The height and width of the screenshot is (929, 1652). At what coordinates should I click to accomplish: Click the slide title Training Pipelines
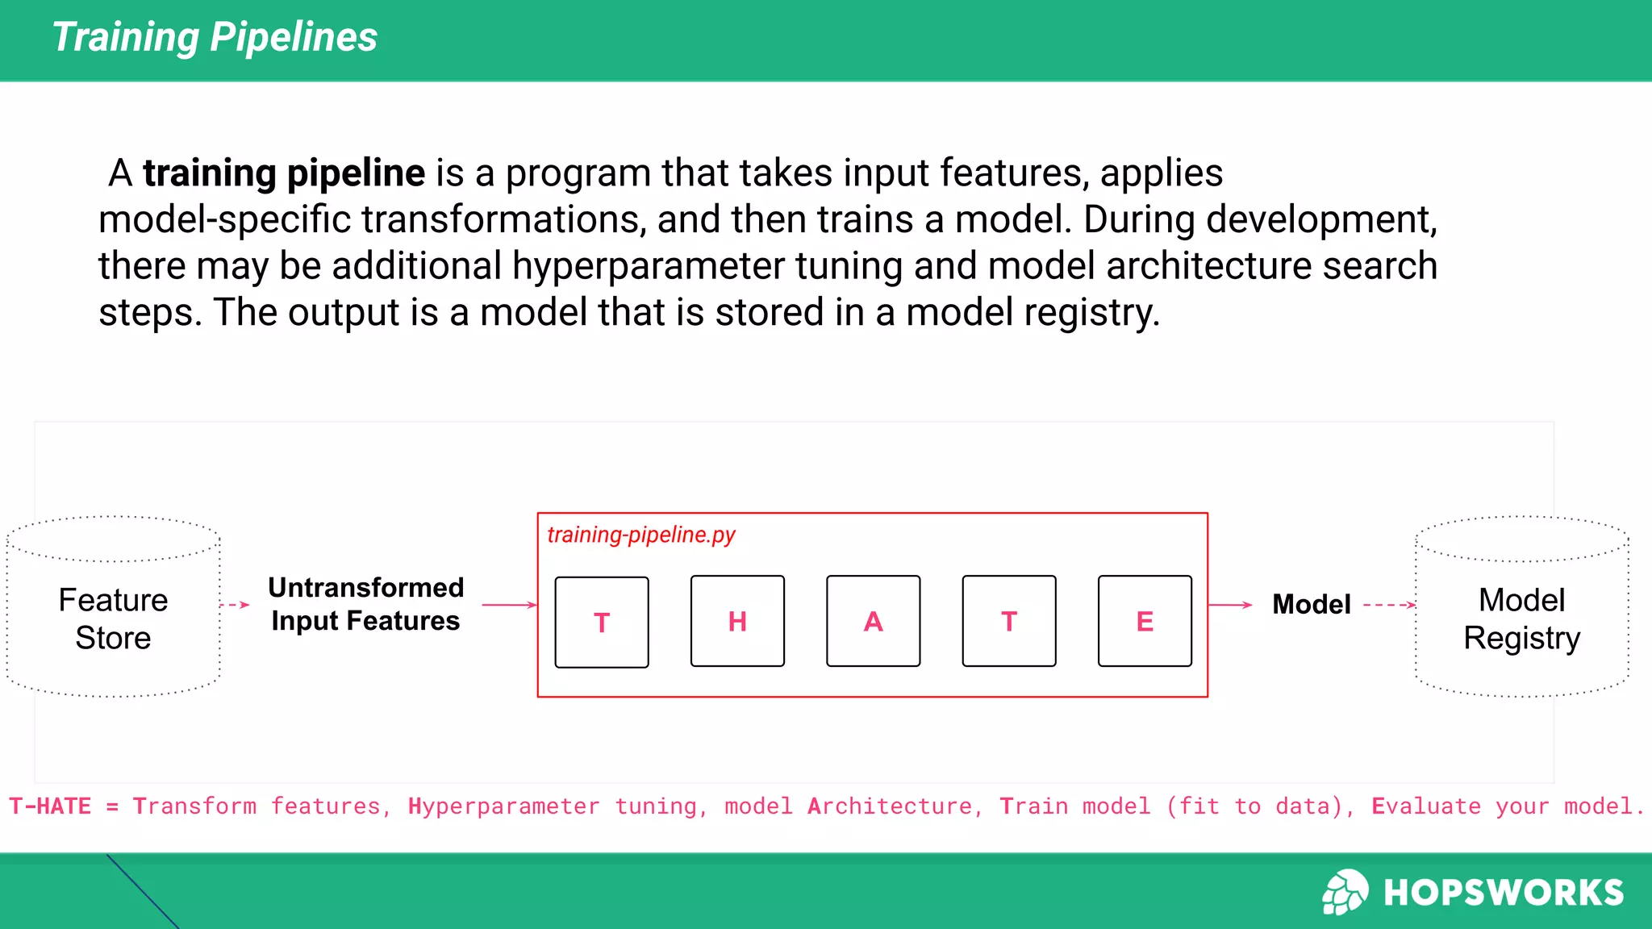coord(215,37)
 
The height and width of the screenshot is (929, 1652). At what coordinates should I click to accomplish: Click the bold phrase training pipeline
coord(284,173)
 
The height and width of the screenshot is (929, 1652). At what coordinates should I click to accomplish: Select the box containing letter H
coord(737,621)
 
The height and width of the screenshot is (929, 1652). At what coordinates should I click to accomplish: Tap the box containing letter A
coord(873,621)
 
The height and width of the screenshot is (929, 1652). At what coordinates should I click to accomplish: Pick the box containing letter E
coord(1145,621)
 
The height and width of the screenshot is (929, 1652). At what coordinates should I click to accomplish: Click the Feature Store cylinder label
coord(113,619)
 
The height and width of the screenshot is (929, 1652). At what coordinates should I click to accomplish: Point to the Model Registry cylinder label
coord(1521,619)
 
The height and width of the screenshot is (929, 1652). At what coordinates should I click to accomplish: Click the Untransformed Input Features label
coord(365,604)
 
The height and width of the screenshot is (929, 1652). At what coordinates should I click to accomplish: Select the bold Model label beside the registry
coord(1311,604)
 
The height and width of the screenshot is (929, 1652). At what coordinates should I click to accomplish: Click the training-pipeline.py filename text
coord(641,535)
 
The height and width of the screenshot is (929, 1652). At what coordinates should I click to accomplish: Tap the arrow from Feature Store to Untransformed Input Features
coord(235,605)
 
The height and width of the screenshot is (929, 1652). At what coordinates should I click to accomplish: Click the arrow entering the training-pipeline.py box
coord(509,605)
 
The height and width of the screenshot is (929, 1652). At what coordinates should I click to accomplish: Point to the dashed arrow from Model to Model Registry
coord(1389,605)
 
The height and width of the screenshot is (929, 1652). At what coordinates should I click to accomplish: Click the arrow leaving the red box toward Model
coord(1230,605)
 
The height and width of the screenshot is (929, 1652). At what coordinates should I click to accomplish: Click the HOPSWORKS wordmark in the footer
coord(1504,893)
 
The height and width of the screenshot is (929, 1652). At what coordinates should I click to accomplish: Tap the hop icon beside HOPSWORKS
coord(1345,892)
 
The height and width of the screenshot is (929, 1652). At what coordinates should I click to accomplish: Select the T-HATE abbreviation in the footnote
coord(50,806)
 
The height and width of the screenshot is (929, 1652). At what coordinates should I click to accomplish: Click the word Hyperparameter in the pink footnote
coord(503,806)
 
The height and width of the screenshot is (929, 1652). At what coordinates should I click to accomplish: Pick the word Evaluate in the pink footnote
coord(1426,806)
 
